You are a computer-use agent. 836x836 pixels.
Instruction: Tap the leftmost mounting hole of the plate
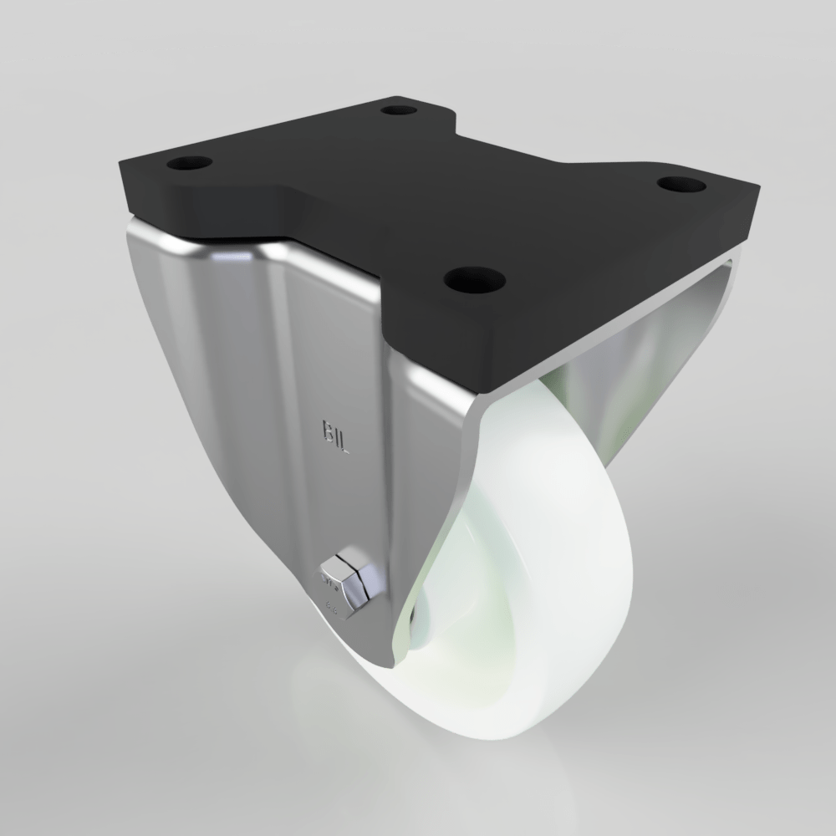click(x=188, y=162)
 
